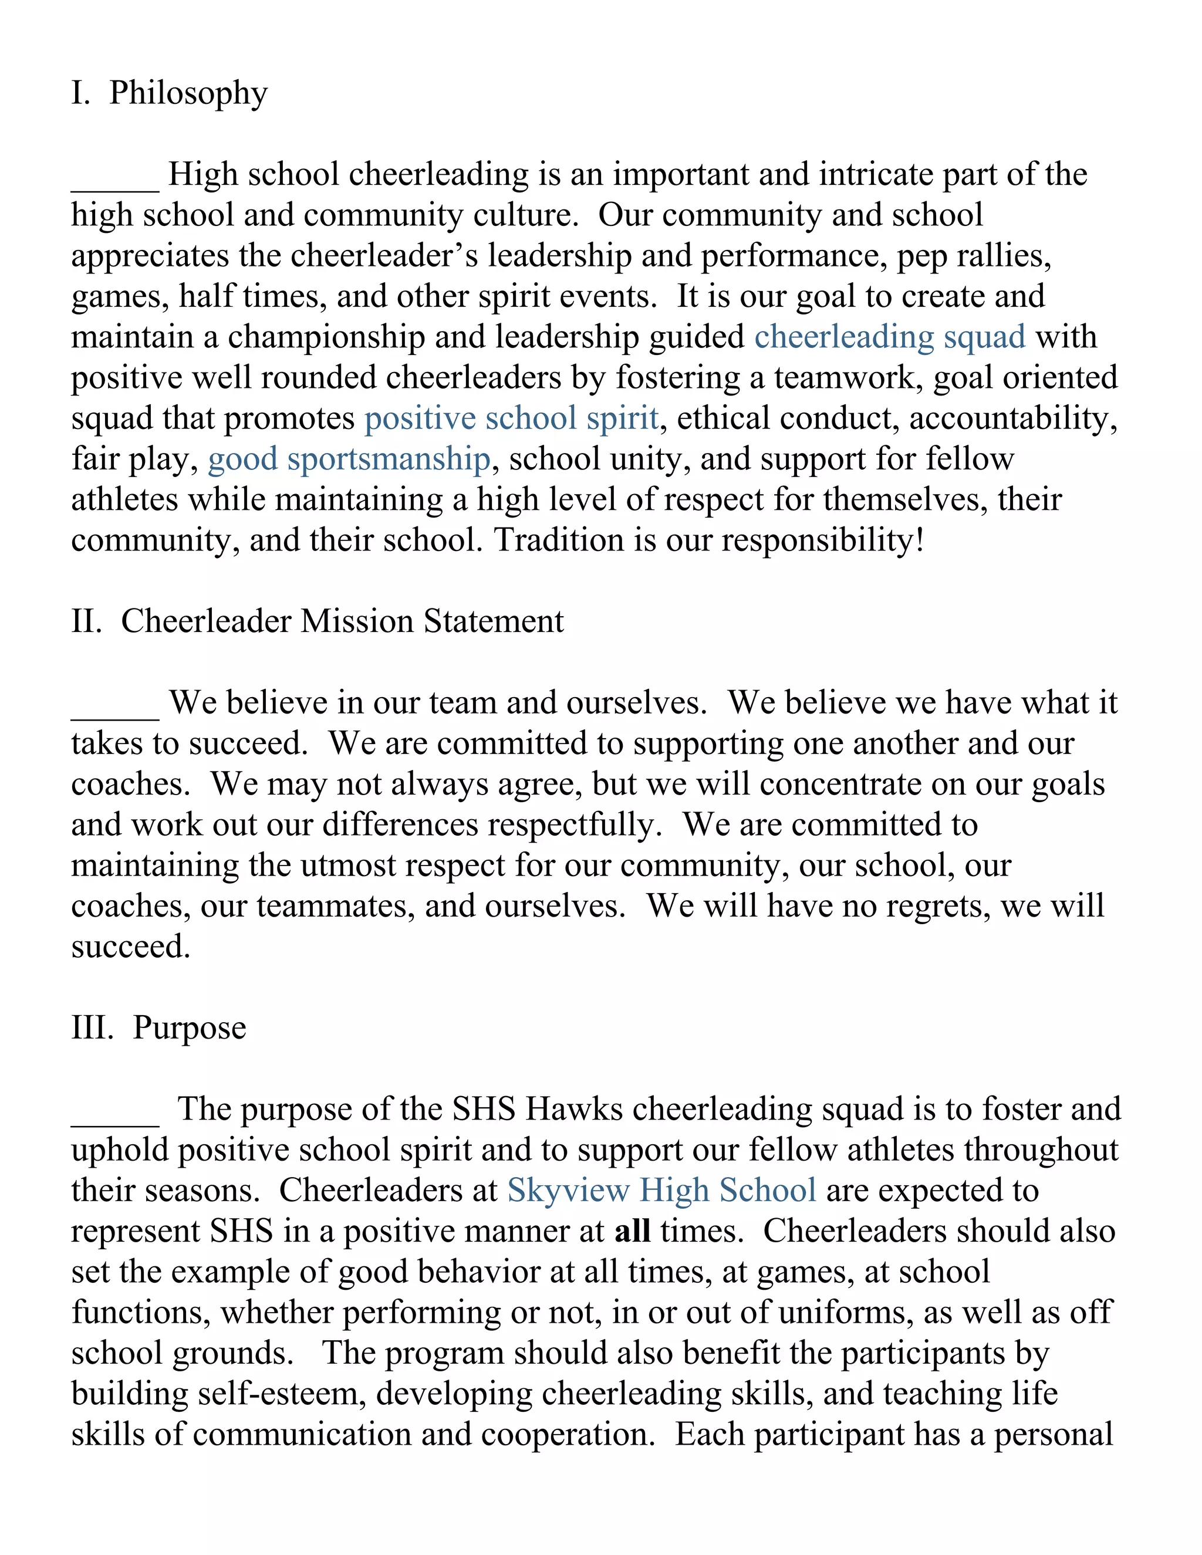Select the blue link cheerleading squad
tap(889, 337)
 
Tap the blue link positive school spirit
tap(511, 418)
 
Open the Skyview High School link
tap(661, 1191)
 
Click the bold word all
tap(632, 1231)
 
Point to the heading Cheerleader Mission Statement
tap(342, 621)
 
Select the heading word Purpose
tap(190, 1028)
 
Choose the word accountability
tap(1012, 418)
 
